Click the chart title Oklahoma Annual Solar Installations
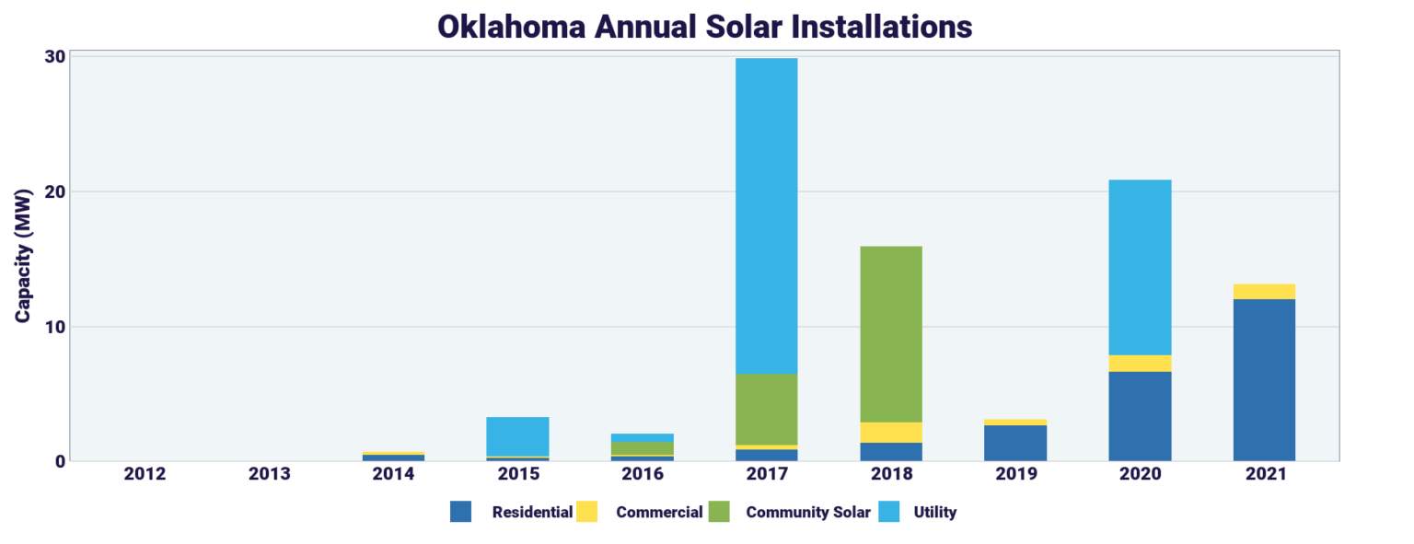click(704, 26)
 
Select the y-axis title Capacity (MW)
click(23, 255)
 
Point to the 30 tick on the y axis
click(54, 56)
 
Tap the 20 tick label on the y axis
click(54, 191)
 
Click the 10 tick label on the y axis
click(54, 327)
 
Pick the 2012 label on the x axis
click(145, 474)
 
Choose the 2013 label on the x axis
click(269, 474)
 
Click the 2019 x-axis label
click(1015, 474)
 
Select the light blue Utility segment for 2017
click(766, 215)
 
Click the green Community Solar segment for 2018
click(890, 334)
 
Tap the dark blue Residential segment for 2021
click(1263, 379)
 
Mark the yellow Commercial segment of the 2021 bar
click(1263, 292)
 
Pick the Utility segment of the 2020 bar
click(1140, 267)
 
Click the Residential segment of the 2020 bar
click(1140, 416)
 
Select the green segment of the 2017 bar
click(766, 409)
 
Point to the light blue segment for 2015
click(517, 436)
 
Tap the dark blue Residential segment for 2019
click(1015, 443)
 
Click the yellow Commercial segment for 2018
click(890, 433)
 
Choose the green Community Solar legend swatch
click(719, 512)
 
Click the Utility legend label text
click(934, 512)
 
